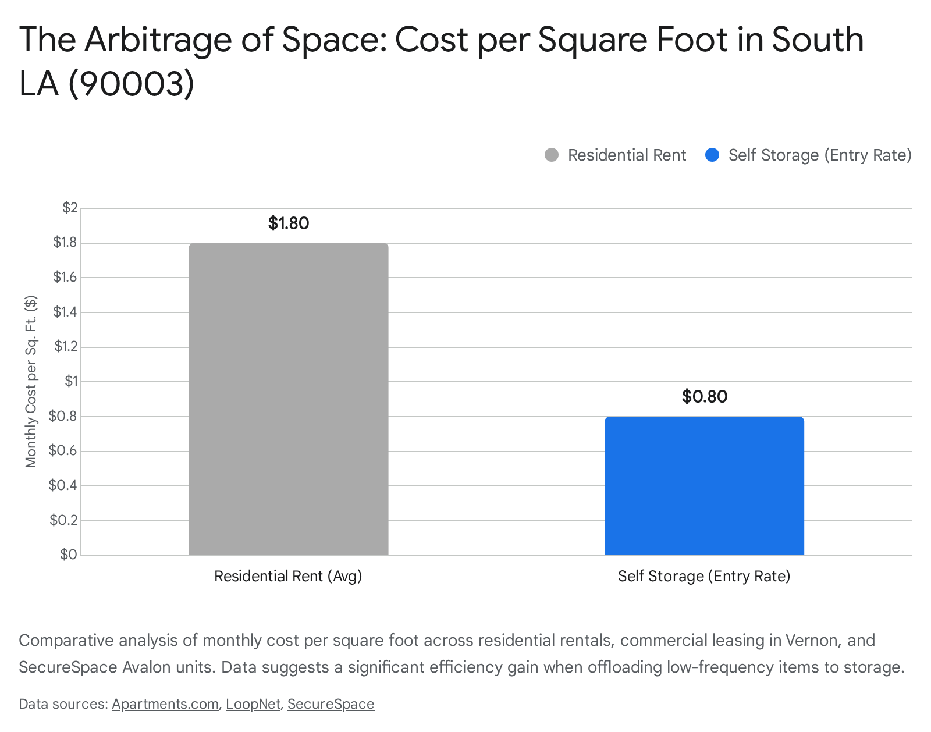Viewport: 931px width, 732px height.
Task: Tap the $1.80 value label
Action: pyautogui.click(x=289, y=223)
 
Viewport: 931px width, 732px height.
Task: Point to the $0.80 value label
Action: pyautogui.click(x=705, y=397)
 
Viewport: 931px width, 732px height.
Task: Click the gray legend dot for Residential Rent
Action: pyautogui.click(x=552, y=155)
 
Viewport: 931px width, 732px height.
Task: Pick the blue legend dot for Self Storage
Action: pyautogui.click(x=712, y=155)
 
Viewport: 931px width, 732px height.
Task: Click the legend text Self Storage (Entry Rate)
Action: pyautogui.click(x=819, y=155)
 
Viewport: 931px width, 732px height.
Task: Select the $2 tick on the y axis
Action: pyautogui.click(x=70, y=208)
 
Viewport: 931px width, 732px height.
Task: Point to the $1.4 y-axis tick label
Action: pyautogui.click(x=65, y=312)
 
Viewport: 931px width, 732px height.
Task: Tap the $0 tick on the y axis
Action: pyautogui.click(x=69, y=555)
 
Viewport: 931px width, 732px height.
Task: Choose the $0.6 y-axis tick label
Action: pyautogui.click(x=63, y=451)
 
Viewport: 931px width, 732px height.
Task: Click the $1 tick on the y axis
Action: pyautogui.click(x=71, y=381)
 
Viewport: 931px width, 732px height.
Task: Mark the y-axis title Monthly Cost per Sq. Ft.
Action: pyautogui.click(x=31, y=382)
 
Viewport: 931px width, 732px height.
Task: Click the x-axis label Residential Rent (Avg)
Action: pyautogui.click(x=288, y=576)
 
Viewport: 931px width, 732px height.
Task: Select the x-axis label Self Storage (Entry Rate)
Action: pyautogui.click(x=704, y=576)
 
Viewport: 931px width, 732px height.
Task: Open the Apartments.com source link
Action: pyautogui.click(x=165, y=704)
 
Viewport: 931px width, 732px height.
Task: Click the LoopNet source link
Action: pyautogui.click(x=253, y=704)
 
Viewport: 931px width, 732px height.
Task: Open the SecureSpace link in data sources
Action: pyautogui.click(x=331, y=704)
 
